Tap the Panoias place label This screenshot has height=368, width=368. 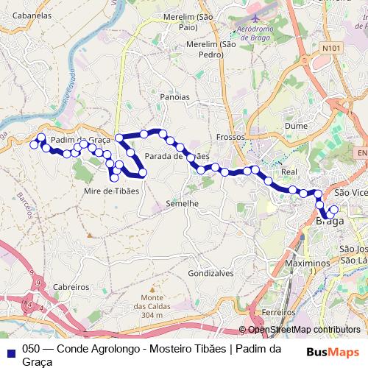(174, 96)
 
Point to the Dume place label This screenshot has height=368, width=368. (296, 126)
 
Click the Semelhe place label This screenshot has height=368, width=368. (183, 202)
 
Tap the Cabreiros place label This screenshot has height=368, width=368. (71, 287)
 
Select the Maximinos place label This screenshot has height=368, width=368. (305, 263)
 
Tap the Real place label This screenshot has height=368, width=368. (289, 171)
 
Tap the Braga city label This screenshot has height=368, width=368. (329, 220)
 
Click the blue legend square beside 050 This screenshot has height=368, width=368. (10, 350)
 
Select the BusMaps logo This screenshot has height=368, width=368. (332, 352)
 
